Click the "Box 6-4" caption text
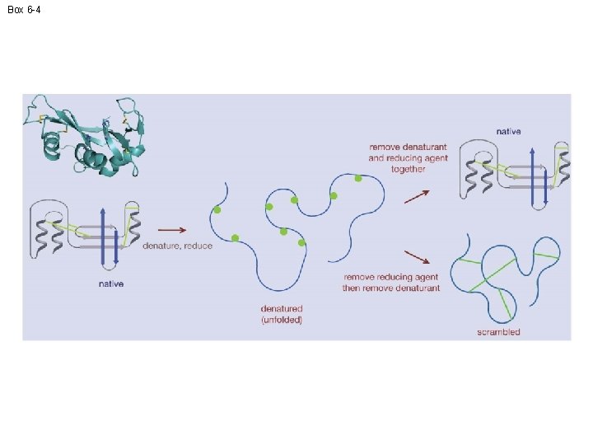pyautogui.click(x=24, y=9)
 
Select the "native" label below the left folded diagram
pyautogui.click(x=110, y=284)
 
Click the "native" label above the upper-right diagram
pyautogui.click(x=508, y=131)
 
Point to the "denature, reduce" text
pyautogui.click(x=177, y=246)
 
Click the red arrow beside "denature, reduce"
pyautogui.click(x=170, y=230)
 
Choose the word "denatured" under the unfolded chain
pyautogui.click(x=282, y=310)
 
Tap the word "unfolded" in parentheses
pyautogui.click(x=282, y=320)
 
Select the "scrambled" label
pyautogui.click(x=498, y=332)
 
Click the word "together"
pyautogui.click(x=409, y=169)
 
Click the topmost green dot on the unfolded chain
pyautogui.click(x=358, y=178)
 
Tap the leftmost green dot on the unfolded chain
pyautogui.click(x=217, y=210)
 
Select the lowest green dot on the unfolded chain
pyautogui.click(x=302, y=243)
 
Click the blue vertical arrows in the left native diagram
pyautogui.click(x=106, y=236)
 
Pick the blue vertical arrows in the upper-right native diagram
pyautogui.click(x=536, y=176)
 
